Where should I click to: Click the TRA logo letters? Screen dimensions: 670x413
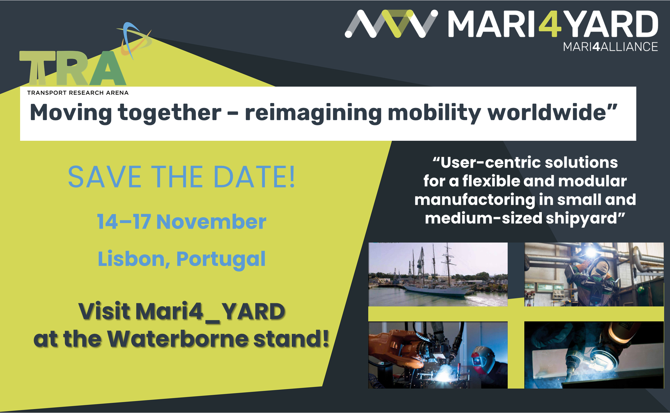73,68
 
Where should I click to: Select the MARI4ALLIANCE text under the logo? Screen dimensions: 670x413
610,47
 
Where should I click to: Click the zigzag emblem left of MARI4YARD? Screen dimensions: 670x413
391,24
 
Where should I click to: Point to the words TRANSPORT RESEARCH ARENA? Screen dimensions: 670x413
78,92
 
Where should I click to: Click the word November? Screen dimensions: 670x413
211,222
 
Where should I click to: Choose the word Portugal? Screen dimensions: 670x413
221,260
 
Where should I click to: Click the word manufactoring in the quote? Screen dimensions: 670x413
474,200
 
